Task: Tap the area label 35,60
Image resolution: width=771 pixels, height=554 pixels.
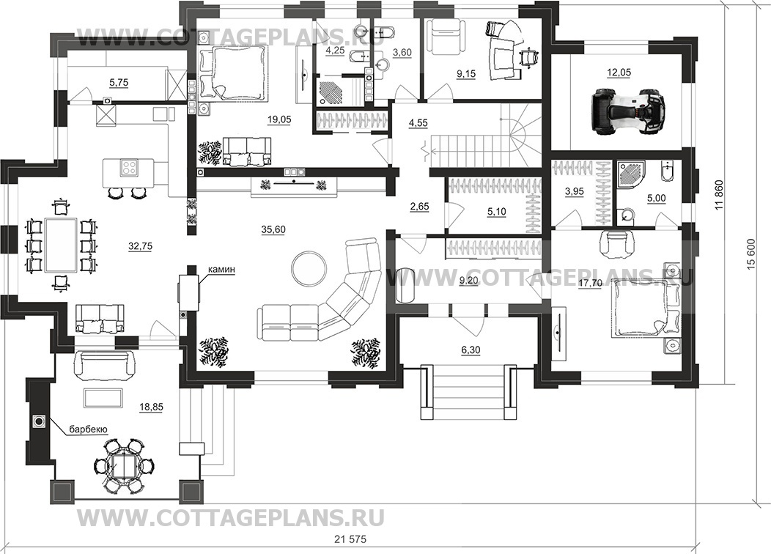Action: pos(273,229)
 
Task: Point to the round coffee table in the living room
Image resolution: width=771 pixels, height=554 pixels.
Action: pos(309,268)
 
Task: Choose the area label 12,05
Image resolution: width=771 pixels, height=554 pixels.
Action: pos(619,73)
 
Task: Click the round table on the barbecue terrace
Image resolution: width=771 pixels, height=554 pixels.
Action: pos(125,463)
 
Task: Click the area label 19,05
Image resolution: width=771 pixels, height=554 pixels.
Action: pos(278,119)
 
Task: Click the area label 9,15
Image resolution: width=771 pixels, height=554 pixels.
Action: pos(465,74)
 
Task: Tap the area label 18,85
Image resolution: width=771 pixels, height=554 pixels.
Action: pos(150,407)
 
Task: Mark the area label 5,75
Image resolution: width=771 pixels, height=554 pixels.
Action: pos(119,83)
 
